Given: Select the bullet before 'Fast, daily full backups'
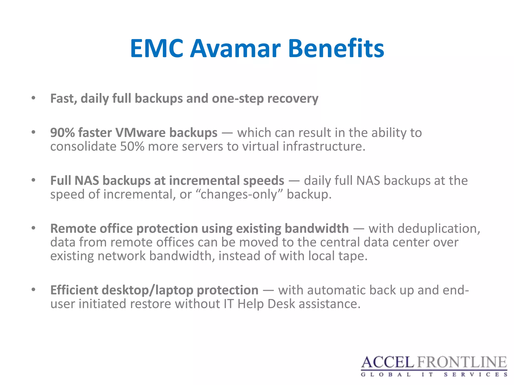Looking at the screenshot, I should (x=33, y=98).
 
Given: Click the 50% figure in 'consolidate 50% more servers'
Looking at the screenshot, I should (x=132, y=146).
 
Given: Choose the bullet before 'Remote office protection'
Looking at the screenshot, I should (x=33, y=228).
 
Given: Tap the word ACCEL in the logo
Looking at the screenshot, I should (x=387, y=362).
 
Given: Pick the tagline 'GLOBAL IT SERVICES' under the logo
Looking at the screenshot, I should (x=434, y=375).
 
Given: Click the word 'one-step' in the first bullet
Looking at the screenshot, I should (x=238, y=99).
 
